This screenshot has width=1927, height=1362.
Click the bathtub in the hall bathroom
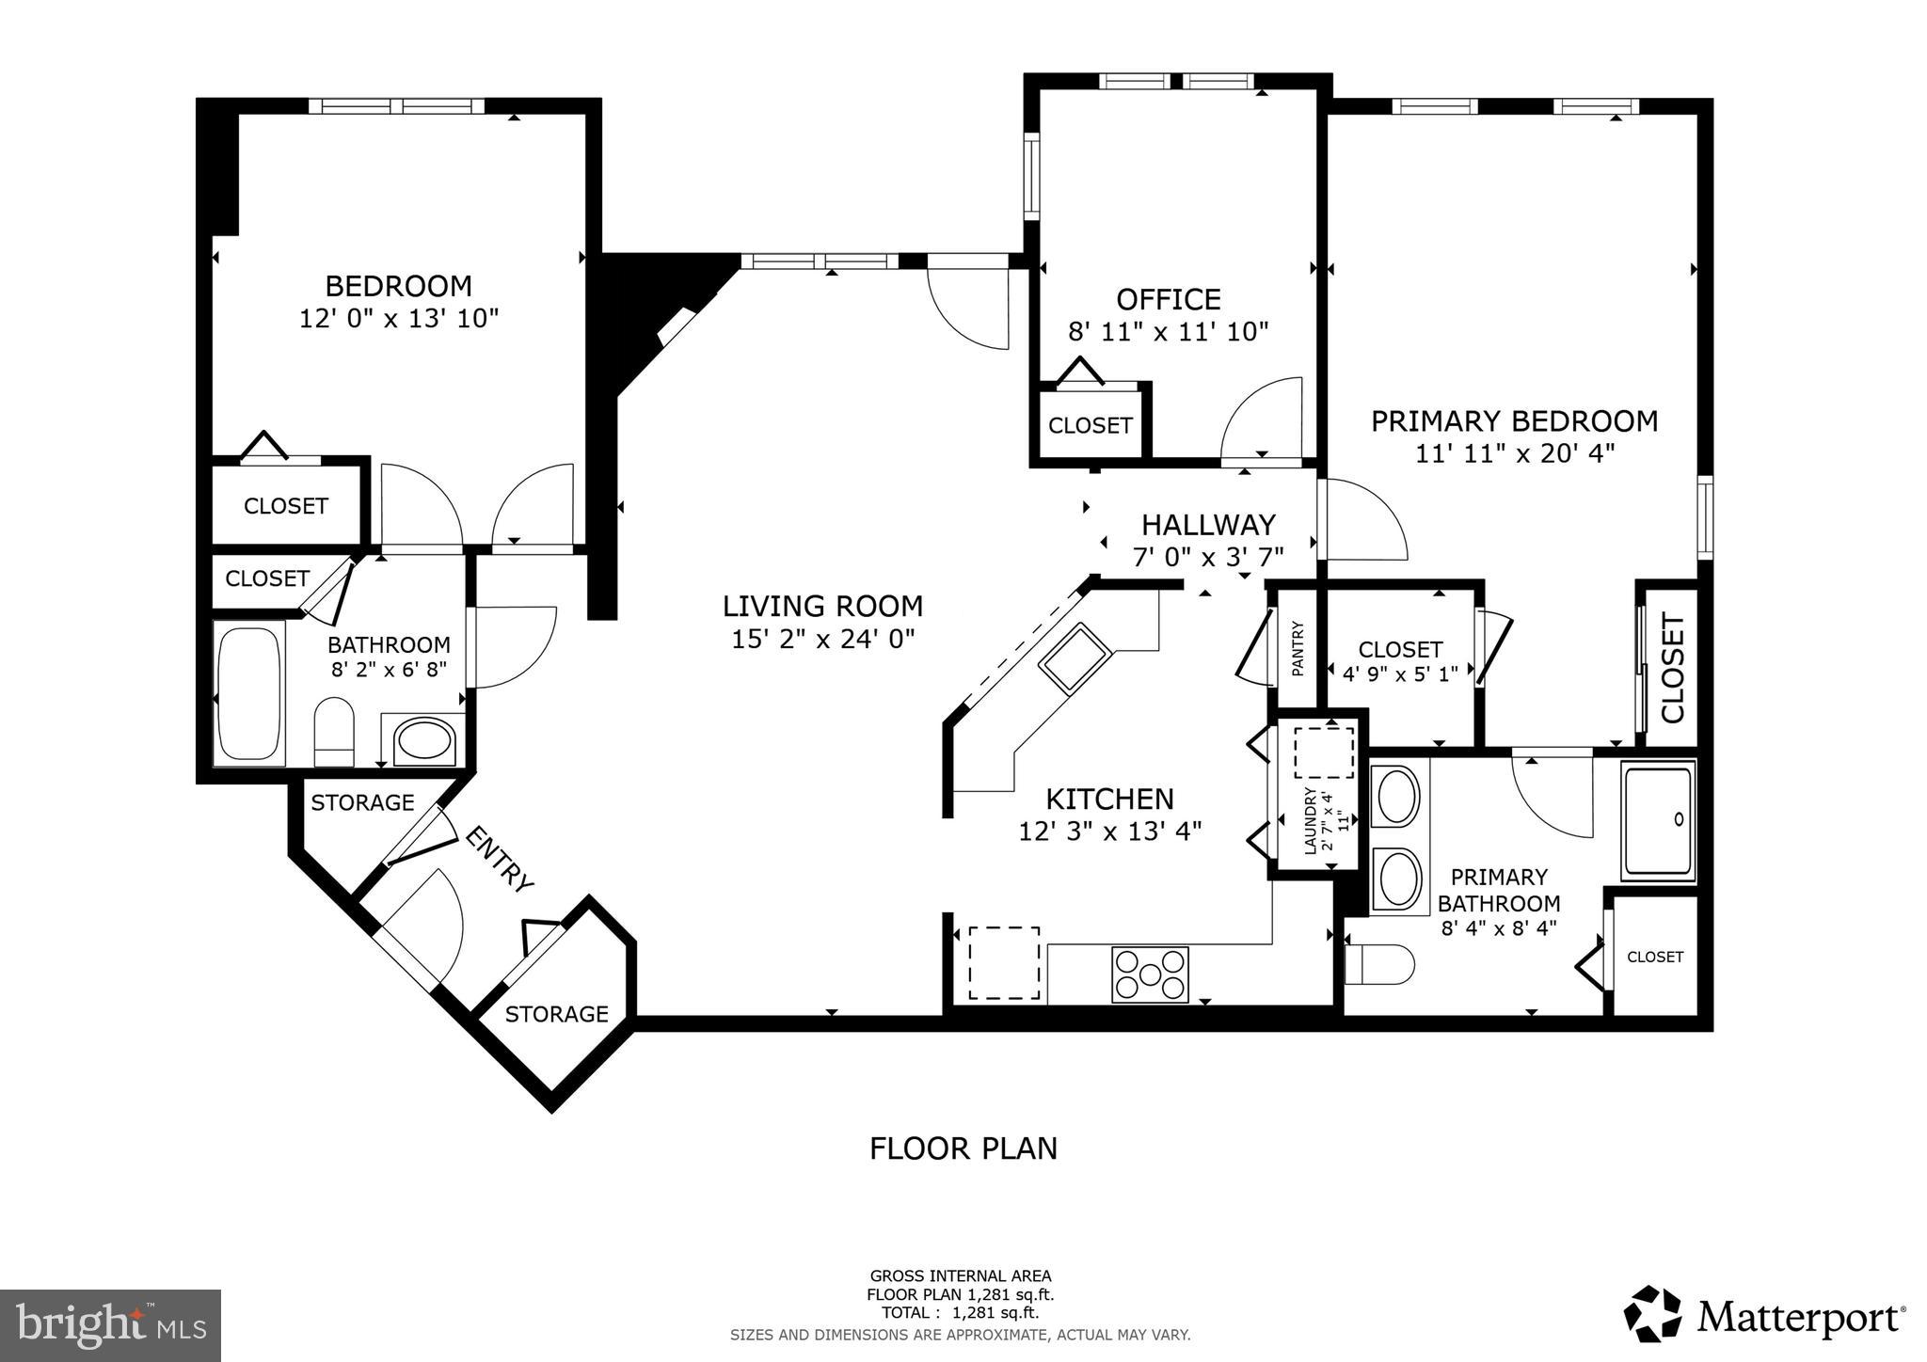(249, 692)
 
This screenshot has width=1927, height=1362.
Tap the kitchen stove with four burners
(1150, 974)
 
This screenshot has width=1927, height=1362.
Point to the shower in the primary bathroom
(1657, 821)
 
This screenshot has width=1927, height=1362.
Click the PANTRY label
(1298, 649)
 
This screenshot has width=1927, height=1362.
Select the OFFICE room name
(1168, 299)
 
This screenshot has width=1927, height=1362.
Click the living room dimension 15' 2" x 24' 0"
(822, 640)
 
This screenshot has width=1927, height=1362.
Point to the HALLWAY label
(1208, 524)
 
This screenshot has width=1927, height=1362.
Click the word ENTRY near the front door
(500, 858)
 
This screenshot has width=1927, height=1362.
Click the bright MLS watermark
(111, 1325)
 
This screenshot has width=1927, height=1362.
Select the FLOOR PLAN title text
(963, 1148)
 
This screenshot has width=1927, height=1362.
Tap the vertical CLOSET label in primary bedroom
(1672, 668)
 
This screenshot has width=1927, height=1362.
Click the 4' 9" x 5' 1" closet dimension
(1399, 673)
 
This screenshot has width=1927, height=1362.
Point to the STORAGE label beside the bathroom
(362, 802)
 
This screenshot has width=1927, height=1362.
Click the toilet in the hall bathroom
(333, 731)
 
